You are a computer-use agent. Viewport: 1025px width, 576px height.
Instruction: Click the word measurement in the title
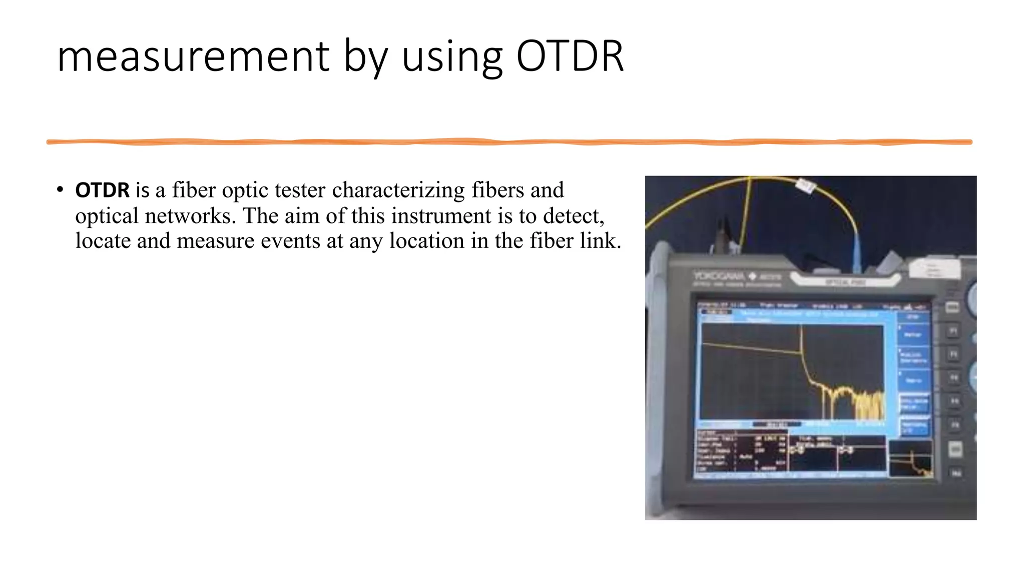193,56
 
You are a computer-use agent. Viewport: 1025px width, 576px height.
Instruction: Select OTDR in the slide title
569,56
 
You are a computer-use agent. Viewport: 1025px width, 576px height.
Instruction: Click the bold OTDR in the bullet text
102,190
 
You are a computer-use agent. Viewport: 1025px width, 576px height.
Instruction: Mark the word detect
573,216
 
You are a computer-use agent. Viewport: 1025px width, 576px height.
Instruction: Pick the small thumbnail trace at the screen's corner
910,459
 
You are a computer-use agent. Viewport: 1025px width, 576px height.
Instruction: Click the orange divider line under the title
509,142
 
